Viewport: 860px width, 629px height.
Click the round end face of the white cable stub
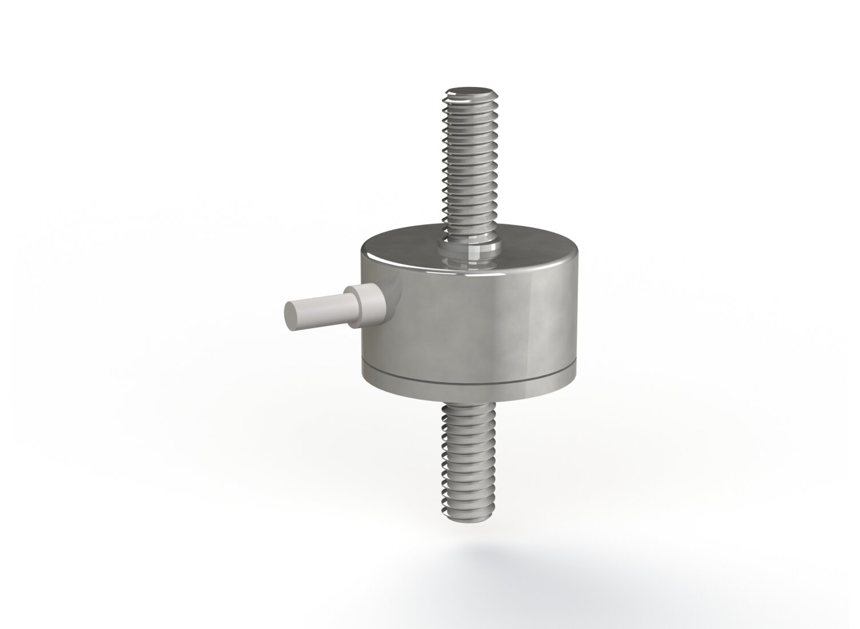[x=293, y=316]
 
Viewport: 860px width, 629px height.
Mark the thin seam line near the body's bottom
[x=469, y=381]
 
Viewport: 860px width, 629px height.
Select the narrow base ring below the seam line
[x=469, y=390]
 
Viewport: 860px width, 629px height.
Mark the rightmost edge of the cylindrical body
[x=575, y=320]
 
